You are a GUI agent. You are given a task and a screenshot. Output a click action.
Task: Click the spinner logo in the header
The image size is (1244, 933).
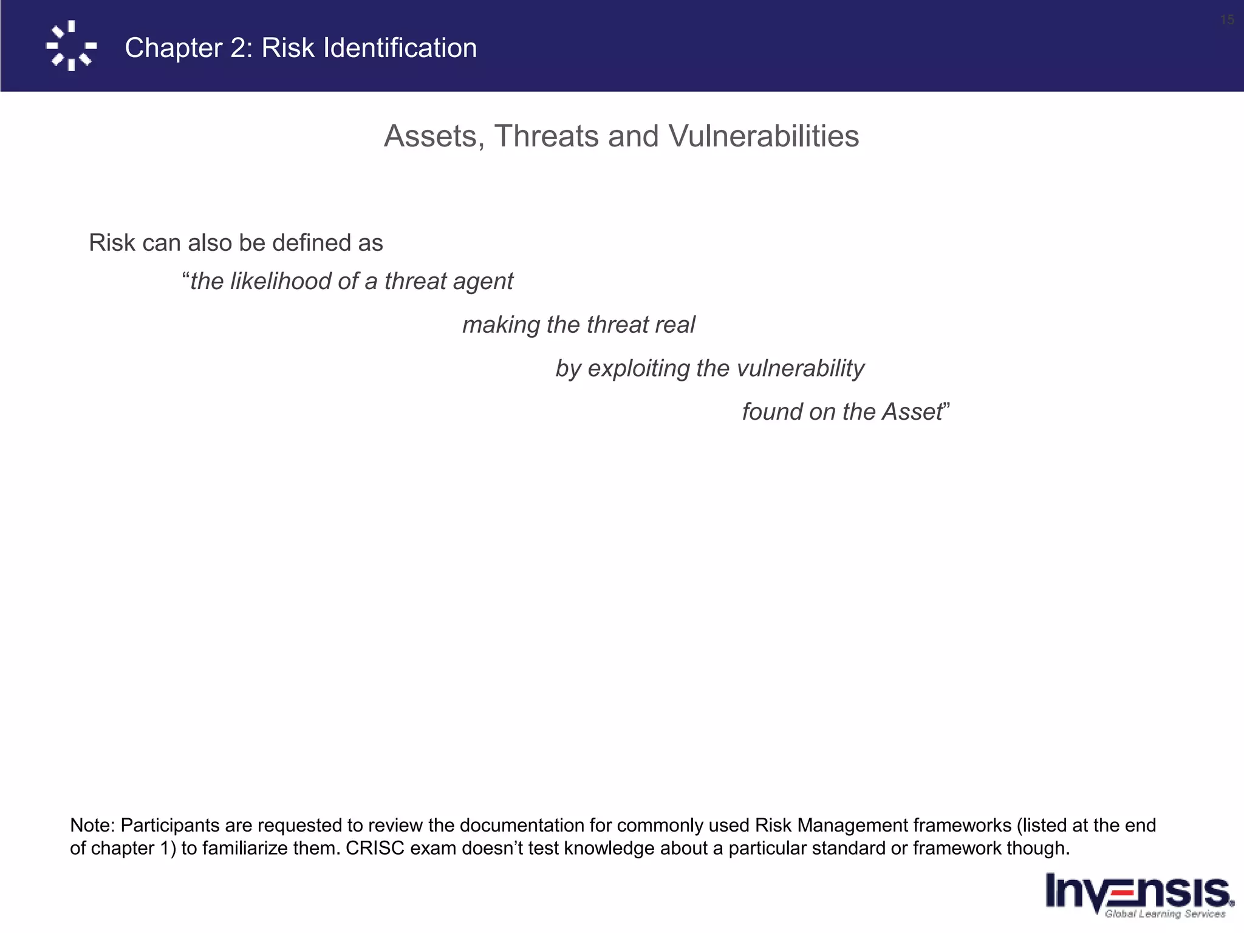tap(71, 46)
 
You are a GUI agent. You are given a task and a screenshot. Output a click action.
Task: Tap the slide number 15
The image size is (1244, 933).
tap(1226, 20)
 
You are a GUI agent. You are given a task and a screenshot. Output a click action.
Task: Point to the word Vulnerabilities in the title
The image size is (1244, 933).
tap(764, 136)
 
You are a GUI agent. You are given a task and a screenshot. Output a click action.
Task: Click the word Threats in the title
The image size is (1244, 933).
tap(547, 136)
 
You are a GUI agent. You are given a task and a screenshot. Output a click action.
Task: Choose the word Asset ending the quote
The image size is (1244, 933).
tap(912, 412)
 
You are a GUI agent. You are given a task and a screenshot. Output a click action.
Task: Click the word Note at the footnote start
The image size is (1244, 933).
tap(91, 825)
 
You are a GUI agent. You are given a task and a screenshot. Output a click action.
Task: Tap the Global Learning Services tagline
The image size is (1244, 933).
tap(1164, 914)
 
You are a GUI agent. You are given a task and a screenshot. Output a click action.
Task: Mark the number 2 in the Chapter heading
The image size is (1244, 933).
tap(238, 48)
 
